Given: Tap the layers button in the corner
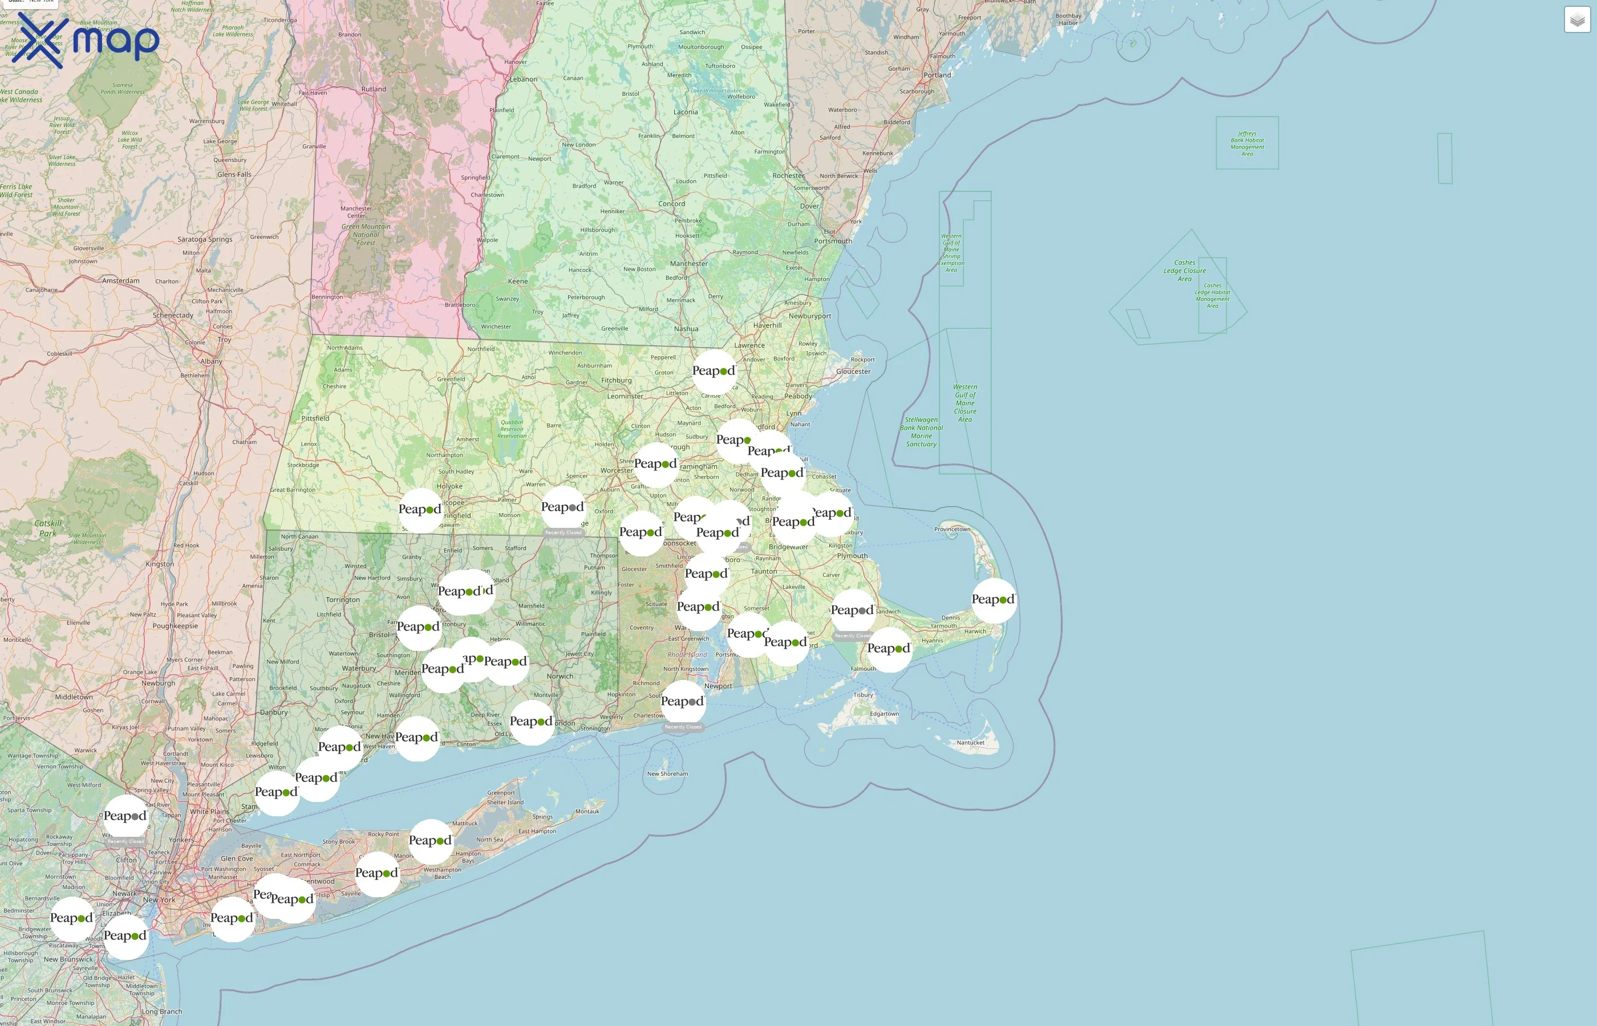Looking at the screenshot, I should [x=1577, y=20].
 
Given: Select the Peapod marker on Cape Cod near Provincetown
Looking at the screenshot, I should [x=993, y=600].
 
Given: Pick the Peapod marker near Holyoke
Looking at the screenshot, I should [x=420, y=510].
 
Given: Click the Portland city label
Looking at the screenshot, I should [x=937, y=75].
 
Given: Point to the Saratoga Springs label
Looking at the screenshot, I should [x=205, y=239].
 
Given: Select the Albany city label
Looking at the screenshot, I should [x=211, y=361].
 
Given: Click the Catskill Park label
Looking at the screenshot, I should [x=48, y=528].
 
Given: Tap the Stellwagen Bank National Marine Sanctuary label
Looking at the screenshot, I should [x=921, y=431].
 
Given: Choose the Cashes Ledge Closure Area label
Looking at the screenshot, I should [x=1185, y=271].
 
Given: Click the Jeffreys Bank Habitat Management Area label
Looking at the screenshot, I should [x=1247, y=143].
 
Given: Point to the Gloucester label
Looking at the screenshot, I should [x=853, y=372].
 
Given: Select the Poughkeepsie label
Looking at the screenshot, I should [x=175, y=626].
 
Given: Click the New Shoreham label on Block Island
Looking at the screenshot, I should [x=667, y=773].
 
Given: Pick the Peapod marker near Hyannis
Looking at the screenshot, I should [x=889, y=649].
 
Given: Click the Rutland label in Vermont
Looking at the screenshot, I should [x=373, y=89].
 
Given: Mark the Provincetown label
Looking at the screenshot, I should [x=952, y=529].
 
